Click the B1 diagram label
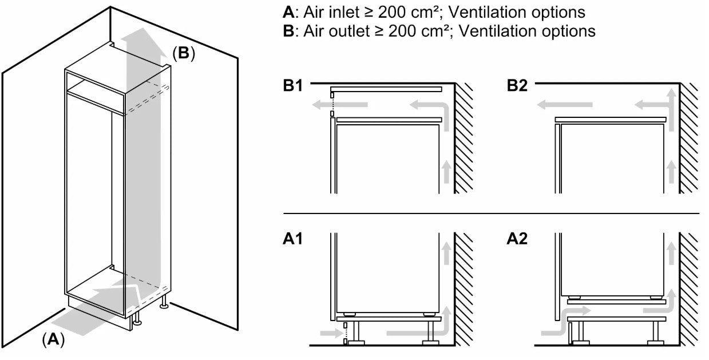(292, 86)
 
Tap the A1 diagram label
(292, 239)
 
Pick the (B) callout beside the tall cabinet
(184, 53)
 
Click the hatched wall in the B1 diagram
(464, 137)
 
